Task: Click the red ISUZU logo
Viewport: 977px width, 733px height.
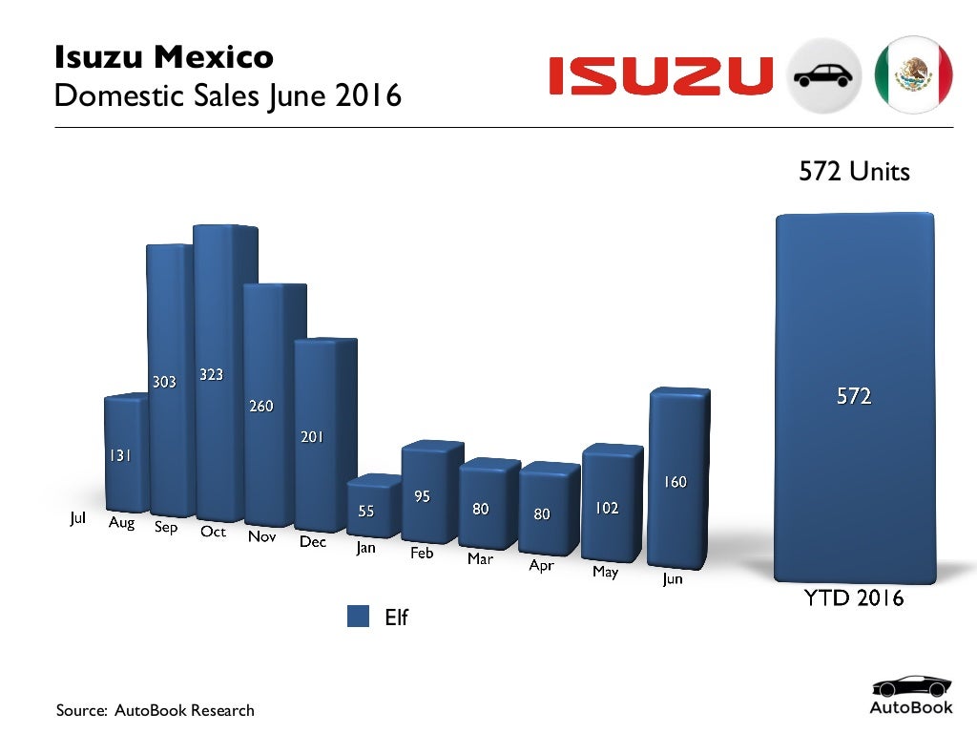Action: pos(660,75)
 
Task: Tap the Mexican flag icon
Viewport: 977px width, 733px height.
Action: pos(914,75)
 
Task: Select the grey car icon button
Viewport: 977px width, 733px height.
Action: pos(825,75)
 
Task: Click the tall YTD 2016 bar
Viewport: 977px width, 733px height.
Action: pos(854,396)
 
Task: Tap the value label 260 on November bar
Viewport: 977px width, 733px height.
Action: pos(261,407)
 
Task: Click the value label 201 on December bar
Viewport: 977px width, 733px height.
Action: pos(312,437)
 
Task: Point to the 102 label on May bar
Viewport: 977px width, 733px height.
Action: pos(607,509)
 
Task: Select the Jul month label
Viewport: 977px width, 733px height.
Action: pos(78,518)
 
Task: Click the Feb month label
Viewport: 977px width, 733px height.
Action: pos(422,553)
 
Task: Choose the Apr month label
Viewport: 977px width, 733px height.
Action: pos(541,565)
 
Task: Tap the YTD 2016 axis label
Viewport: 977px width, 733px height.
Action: pos(854,598)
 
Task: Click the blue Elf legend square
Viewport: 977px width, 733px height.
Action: pos(358,617)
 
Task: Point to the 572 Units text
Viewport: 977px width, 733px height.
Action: pos(854,172)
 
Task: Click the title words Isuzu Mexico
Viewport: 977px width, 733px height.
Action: pos(164,57)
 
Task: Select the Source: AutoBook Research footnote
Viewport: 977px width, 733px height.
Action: pos(156,710)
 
